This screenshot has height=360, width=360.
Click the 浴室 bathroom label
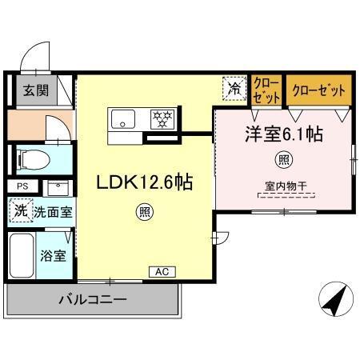click(x=54, y=256)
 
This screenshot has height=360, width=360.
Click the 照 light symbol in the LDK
click(x=144, y=212)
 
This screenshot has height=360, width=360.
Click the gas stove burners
click(x=164, y=120)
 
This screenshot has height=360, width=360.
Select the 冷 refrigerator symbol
click(x=234, y=89)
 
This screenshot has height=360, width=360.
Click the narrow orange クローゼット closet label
click(x=266, y=89)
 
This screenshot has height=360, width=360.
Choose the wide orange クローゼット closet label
click(x=318, y=89)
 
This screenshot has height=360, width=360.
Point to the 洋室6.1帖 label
click(x=283, y=134)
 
